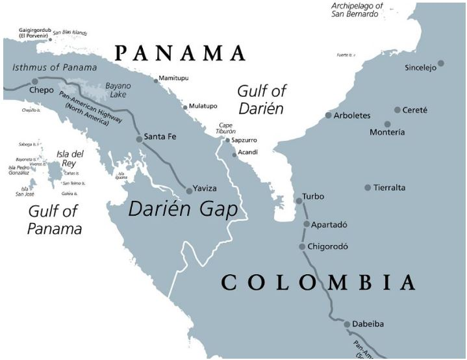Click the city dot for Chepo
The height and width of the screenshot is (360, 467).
pos(35,82)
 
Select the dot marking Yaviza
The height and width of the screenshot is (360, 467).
pos(189,190)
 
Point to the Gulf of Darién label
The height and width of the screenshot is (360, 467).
pos(261,99)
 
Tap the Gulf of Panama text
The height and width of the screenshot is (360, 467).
pos(54,220)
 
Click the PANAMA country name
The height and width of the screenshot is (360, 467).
pos(180,53)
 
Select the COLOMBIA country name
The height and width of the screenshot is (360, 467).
pos(318,283)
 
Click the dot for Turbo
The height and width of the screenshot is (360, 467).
pos(299,201)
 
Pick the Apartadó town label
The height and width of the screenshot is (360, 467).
pos(329,225)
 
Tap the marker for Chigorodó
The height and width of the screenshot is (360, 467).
pos(302,247)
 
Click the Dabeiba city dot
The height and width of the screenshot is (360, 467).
pos(347,324)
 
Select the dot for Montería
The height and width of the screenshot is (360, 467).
pos(388,124)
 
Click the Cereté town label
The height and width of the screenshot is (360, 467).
pos(415,110)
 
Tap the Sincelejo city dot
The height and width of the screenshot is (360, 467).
pos(441,63)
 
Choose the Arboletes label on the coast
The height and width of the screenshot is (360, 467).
pos(351,116)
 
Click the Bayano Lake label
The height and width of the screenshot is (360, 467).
pos(118,90)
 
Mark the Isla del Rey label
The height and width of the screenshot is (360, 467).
pos(70,159)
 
